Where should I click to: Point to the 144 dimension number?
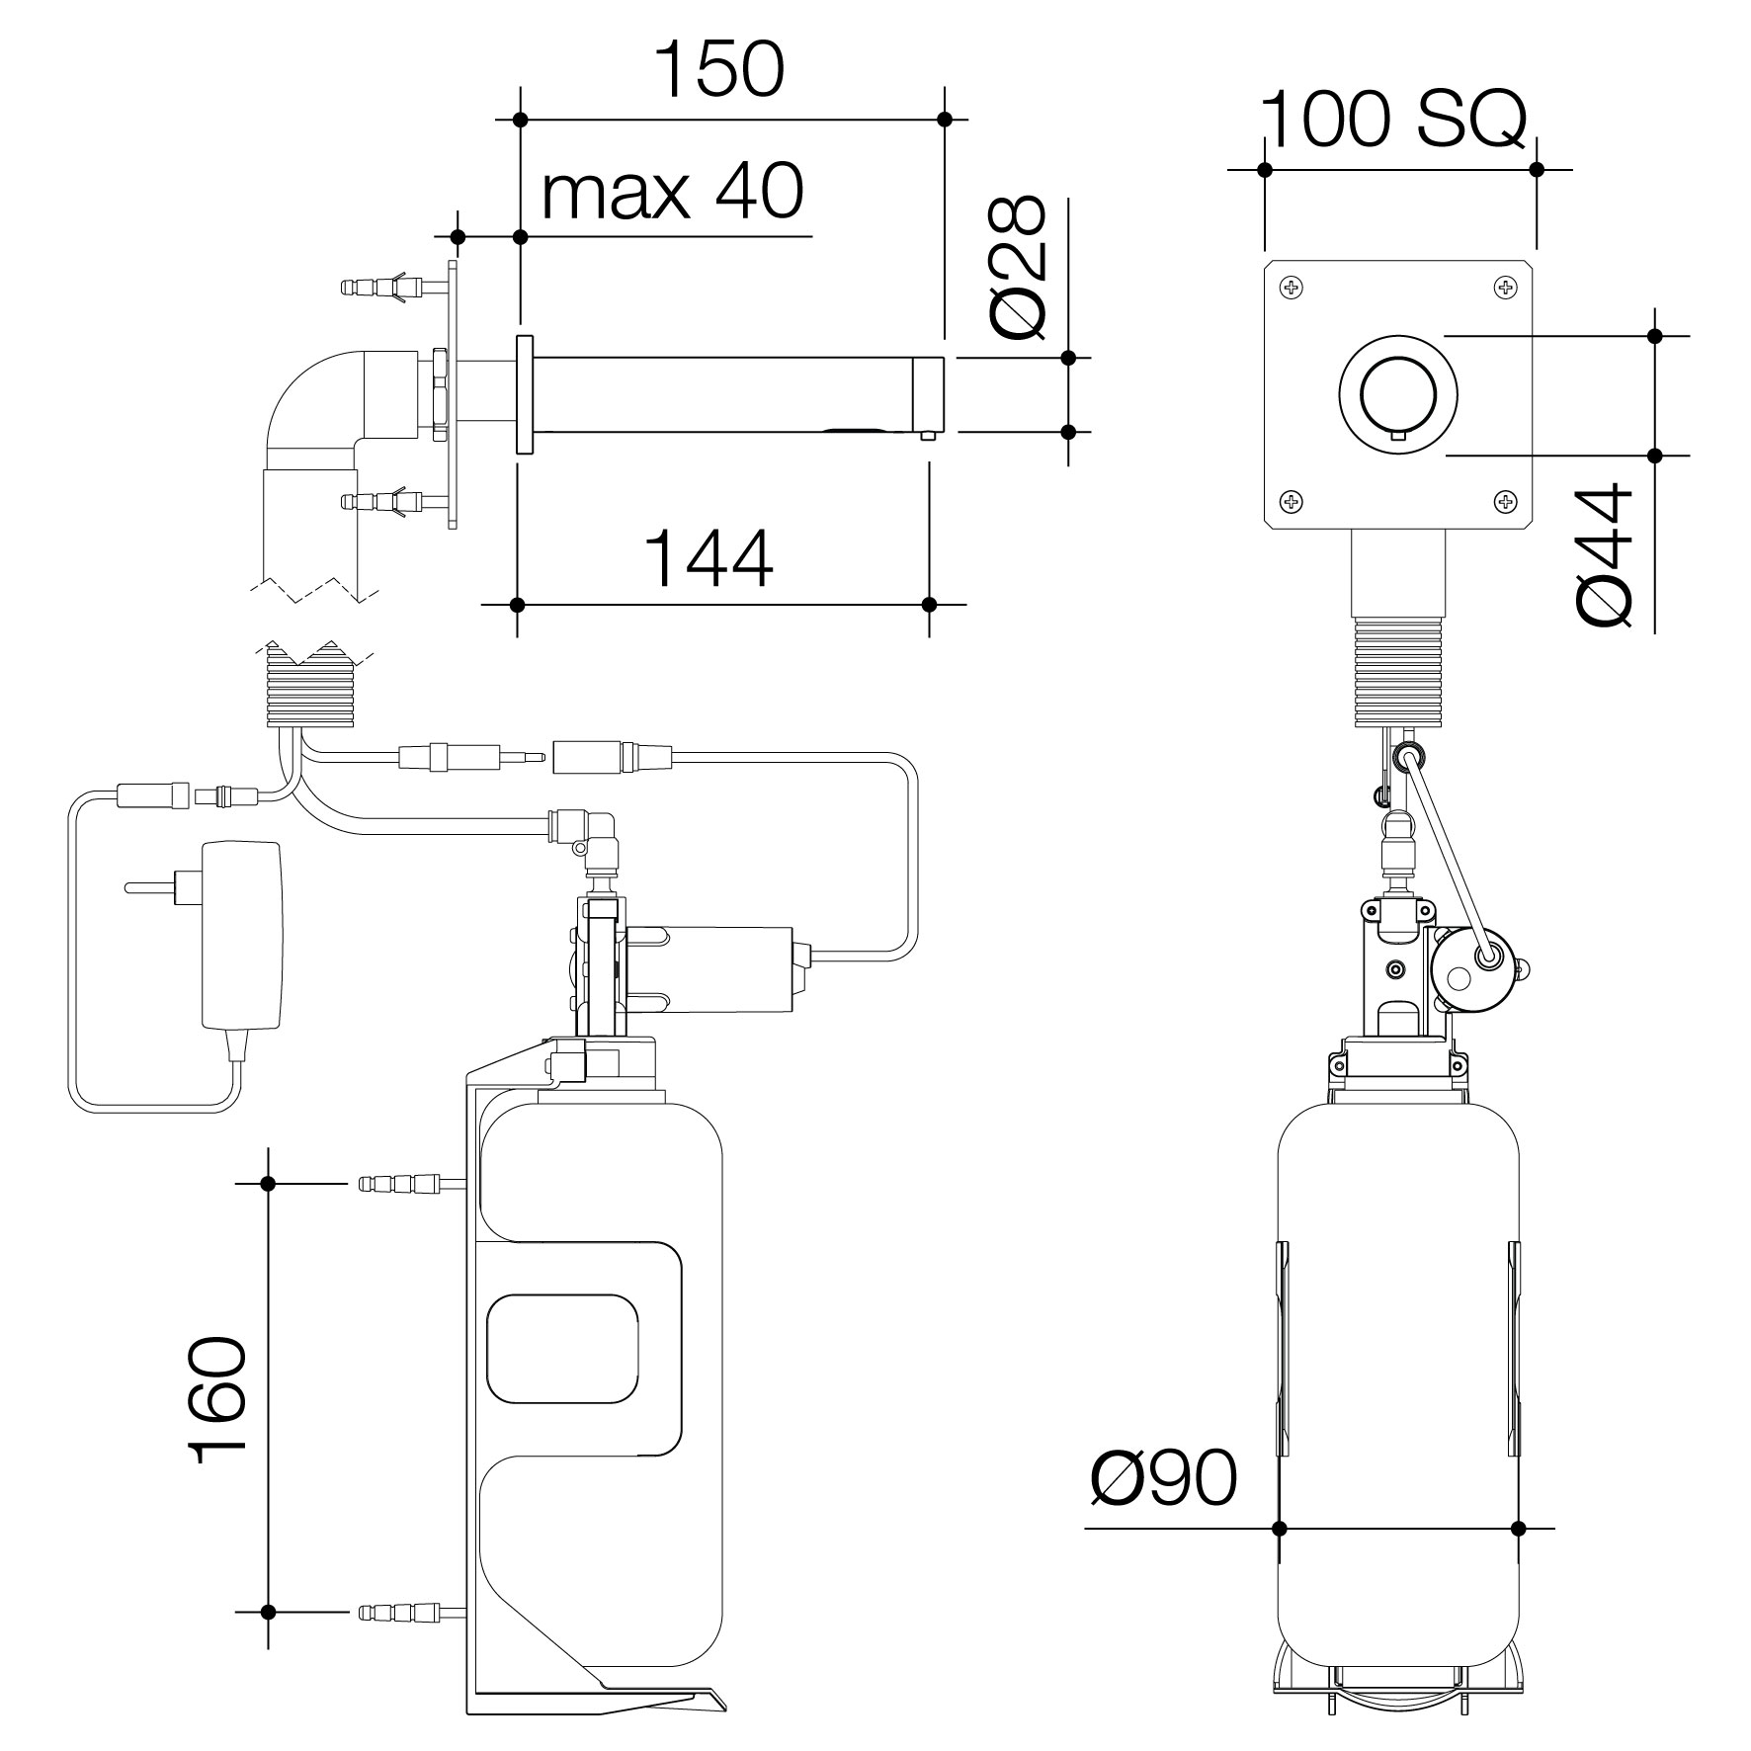pyautogui.click(x=709, y=559)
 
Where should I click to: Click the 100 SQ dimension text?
pyautogui.click(x=1393, y=120)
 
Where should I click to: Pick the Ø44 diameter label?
pyautogui.click(x=1604, y=554)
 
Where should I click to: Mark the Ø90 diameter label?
pyautogui.click(x=1163, y=1506)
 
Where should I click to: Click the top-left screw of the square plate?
pyautogui.click(x=1292, y=288)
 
